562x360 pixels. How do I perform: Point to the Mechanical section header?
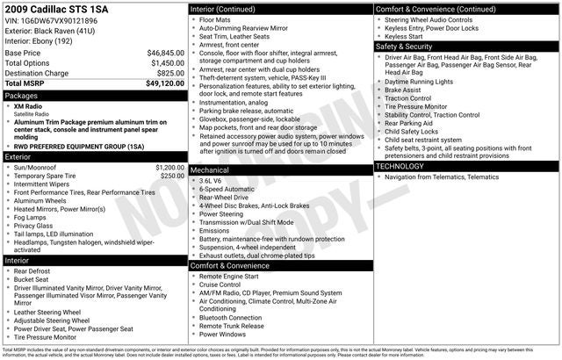[x=210, y=169]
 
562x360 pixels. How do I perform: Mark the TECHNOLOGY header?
[x=405, y=166]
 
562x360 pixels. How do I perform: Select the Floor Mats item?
[x=218, y=19]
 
